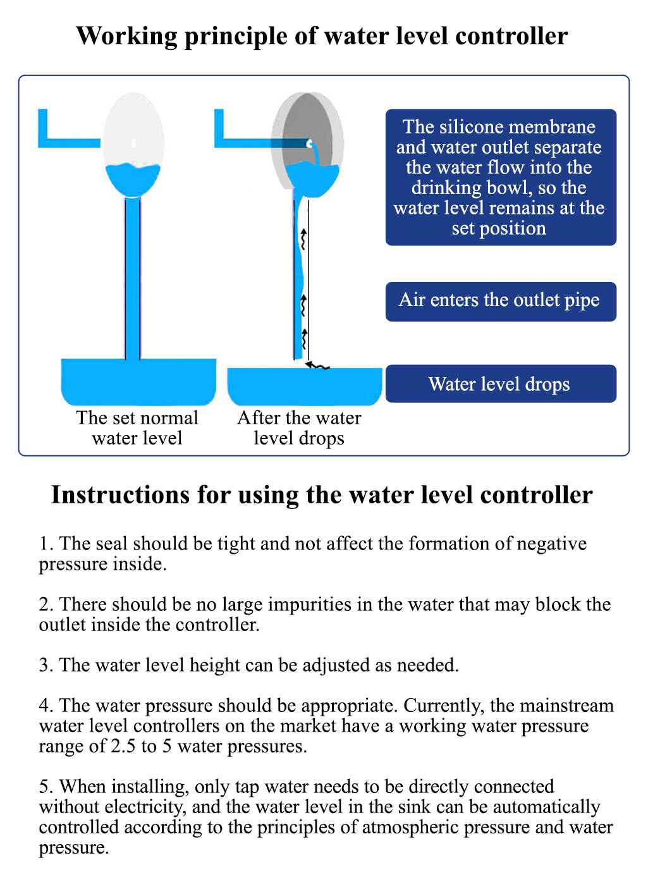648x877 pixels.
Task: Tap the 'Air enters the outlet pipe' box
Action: pyautogui.click(x=500, y=301)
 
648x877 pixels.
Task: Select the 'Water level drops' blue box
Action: pyautogui.click(x=500, y=384)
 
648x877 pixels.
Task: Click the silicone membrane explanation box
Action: pyautogui.click(x=500, y=177)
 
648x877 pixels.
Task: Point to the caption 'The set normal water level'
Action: pyautogui.click(x=137, y=428)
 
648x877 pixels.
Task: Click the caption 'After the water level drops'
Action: pyautogui.click(x=299, y=428)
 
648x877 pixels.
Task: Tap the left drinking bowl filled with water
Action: pyautogui.click(x=138, y=381)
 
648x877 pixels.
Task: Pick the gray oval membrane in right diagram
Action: pyautogui.click(x=308, y=120)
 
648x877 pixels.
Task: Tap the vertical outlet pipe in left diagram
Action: pyautogui.click(x=133, y=278)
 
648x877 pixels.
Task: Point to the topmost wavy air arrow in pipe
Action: pyautogui.click(x=303, y=240)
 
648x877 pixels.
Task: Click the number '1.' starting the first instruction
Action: pyautogui.click(x=46, y=544)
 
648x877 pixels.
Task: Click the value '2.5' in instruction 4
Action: pyautogui.click(x=123, y=746)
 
